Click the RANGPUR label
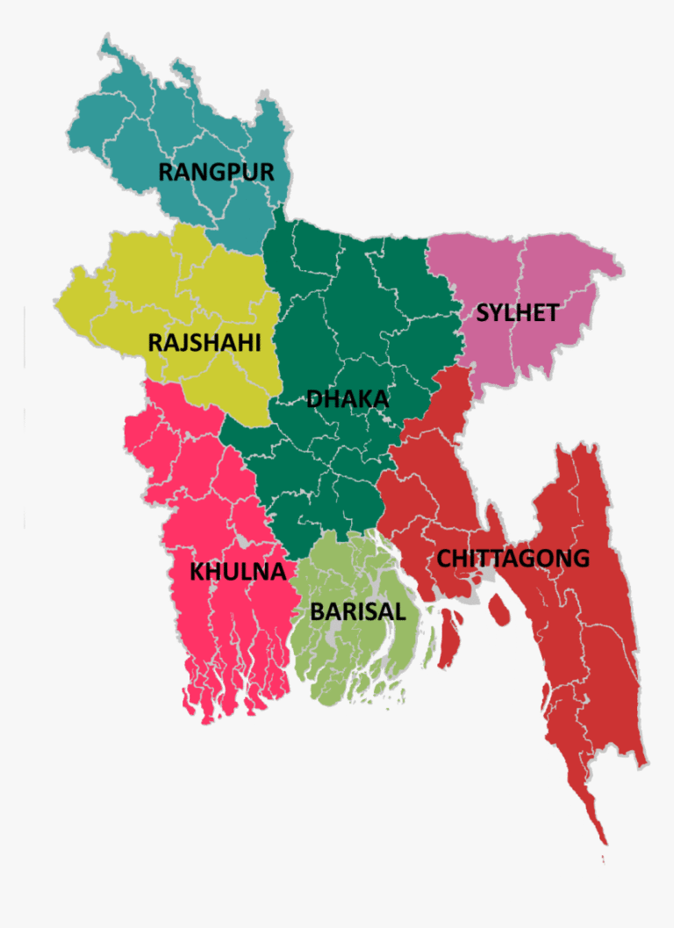(216, 171)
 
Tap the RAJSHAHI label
(204, 342)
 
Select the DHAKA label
(348, 399)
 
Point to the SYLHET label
(517, 313)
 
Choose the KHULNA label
(238, 572)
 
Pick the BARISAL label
(358, 611)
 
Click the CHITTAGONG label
(513, 558)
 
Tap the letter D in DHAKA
(314, 399)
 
